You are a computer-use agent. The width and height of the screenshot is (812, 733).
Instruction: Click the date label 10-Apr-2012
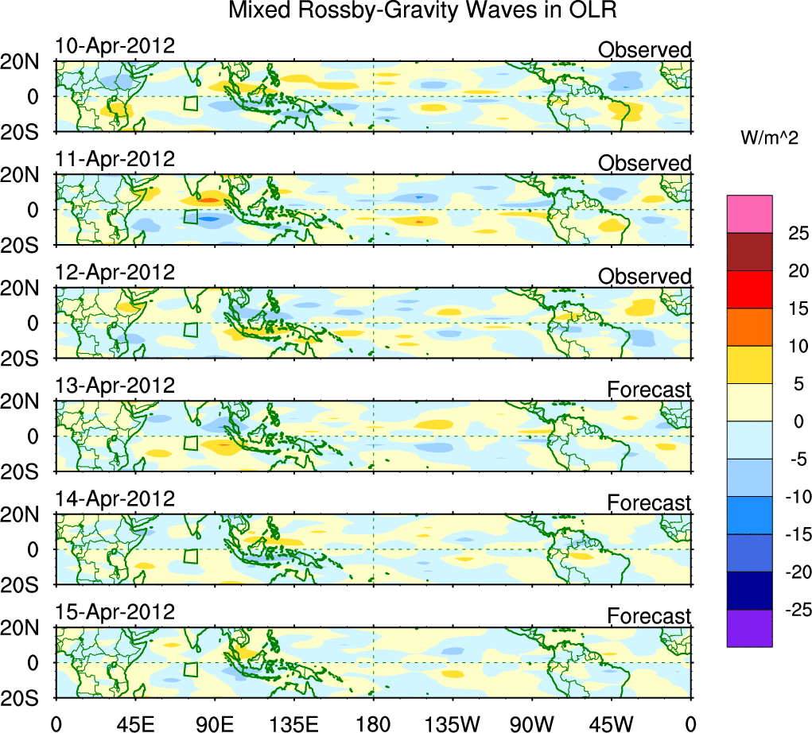pos(115,46)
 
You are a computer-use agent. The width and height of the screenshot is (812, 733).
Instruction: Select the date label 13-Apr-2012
pos(115,386)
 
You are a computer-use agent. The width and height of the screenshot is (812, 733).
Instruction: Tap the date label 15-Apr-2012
pos(115,613)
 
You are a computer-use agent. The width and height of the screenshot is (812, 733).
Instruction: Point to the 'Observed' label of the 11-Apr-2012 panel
pos(644,164)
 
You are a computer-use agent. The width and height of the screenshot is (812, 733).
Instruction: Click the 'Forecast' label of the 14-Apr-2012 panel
pos(649,503)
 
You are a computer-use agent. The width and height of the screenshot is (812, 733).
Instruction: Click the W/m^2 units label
pos(769,138)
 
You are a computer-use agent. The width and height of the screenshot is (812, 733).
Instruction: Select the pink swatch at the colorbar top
pos(749,214)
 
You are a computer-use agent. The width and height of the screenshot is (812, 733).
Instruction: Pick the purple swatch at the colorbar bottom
pos(749,628)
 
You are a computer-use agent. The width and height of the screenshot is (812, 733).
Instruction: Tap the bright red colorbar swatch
pos(749,289)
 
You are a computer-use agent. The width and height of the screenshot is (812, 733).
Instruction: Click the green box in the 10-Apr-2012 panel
pos(190,103)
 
